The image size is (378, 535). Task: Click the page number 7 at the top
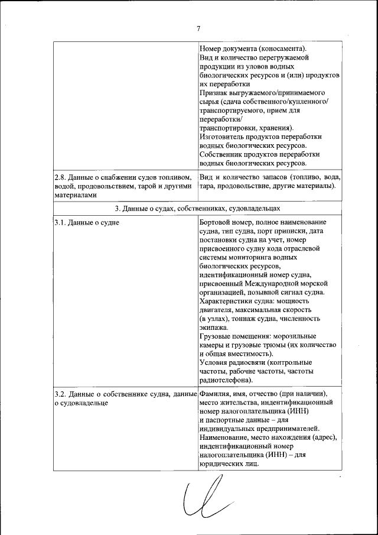tap(198, 28)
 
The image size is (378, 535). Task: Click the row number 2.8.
tap(60, 177)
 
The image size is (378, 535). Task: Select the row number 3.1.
tap(60, 222)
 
